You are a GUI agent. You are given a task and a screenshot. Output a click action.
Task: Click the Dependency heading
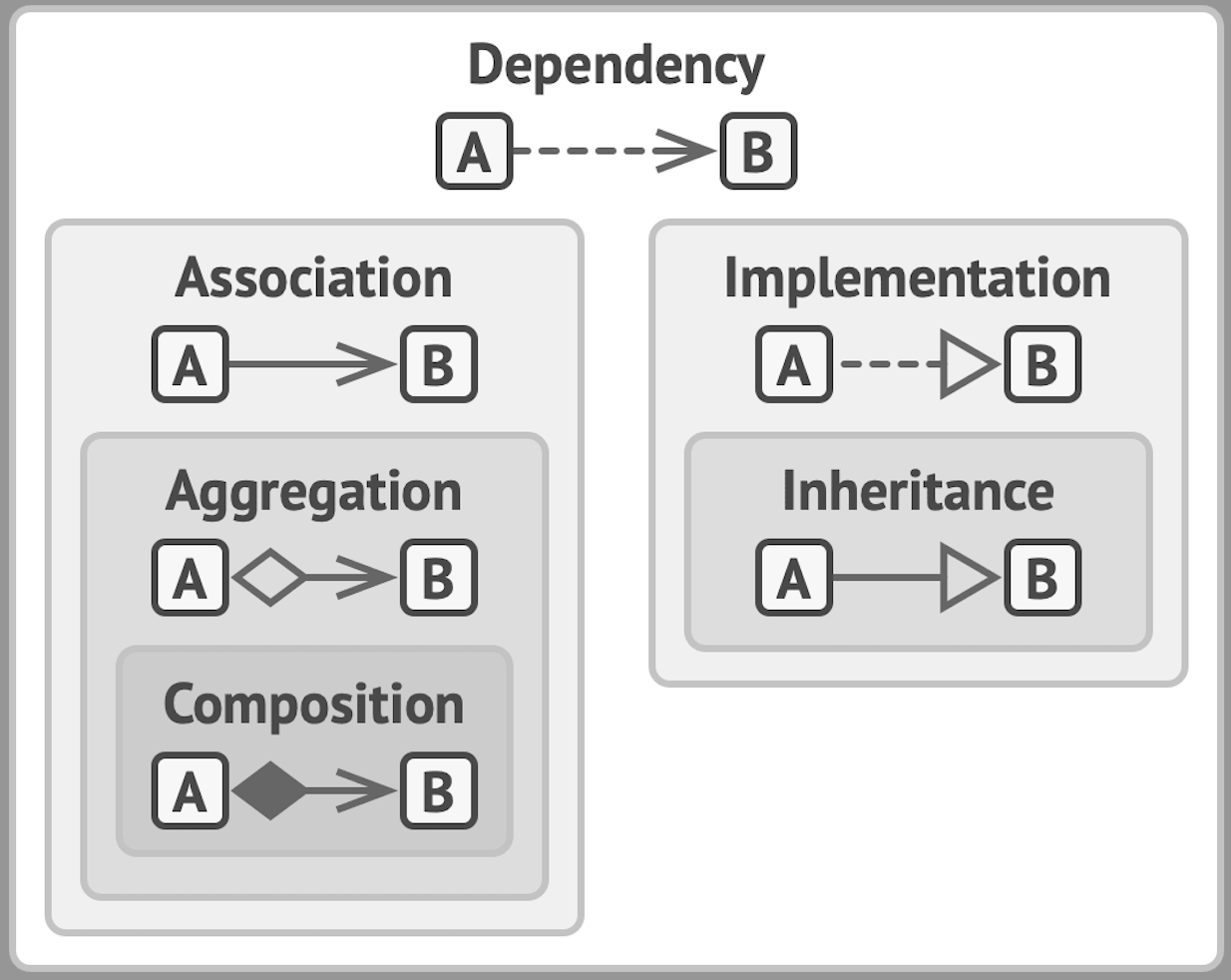615,66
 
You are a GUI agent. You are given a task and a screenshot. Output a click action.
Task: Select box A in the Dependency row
474,152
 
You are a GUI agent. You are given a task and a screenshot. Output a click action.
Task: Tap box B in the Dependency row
758,152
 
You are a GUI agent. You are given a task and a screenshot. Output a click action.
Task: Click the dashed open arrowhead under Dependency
686,152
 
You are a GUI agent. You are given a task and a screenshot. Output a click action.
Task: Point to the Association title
313,278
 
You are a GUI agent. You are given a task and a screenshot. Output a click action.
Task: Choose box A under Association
190,364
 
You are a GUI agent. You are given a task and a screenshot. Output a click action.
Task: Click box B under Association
439,364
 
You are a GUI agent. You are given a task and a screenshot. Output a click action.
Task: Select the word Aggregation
313,492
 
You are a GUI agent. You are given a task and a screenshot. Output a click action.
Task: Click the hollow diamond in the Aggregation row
269,577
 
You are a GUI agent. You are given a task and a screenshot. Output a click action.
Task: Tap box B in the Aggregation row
439,578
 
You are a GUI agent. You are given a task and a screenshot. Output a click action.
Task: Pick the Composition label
313,706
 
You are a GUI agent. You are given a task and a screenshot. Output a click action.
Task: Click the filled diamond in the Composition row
269,790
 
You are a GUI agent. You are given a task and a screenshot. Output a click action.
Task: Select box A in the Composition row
190,791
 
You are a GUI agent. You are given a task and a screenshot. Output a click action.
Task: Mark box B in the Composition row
439,791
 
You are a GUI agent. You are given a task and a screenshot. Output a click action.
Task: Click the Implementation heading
917,278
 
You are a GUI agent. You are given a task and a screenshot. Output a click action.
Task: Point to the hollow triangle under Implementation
969,364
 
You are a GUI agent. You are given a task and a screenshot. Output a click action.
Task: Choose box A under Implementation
793,364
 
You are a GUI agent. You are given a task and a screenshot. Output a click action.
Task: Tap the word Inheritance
917,491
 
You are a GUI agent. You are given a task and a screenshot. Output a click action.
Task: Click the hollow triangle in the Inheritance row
969,578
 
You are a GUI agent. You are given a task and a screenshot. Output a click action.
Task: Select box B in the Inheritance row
1042,578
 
